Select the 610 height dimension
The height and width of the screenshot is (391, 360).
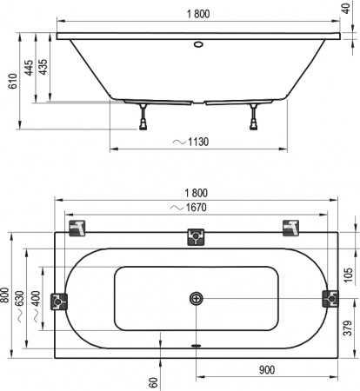click(11, 82)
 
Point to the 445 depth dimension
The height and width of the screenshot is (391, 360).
click(29, 70)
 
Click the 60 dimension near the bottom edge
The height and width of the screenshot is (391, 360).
click(153, 381)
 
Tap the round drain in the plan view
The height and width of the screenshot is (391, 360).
click(197, 299)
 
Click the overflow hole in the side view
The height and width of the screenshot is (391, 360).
click(197, 43)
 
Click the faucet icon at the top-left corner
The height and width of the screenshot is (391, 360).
click(78, 228)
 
